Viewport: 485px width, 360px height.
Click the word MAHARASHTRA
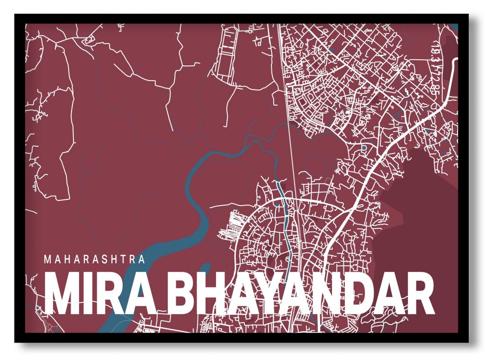[x=94, y=260]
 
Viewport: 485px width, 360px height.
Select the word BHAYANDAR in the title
[x=301, y=295]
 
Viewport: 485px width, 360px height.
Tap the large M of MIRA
[x=63, y=295]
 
